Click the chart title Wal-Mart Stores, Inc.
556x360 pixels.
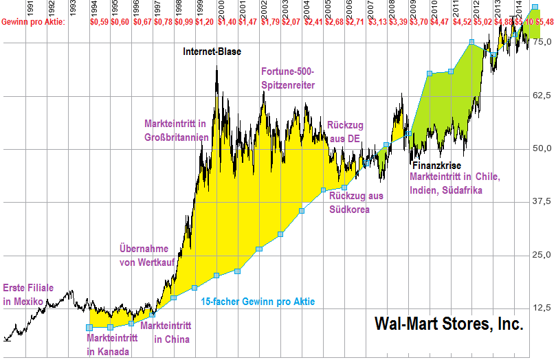coord(449,324)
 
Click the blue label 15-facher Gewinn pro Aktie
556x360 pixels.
coord(258,301)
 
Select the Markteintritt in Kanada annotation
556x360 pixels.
coord(112,345)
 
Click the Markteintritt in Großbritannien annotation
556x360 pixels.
coord(176,130)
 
